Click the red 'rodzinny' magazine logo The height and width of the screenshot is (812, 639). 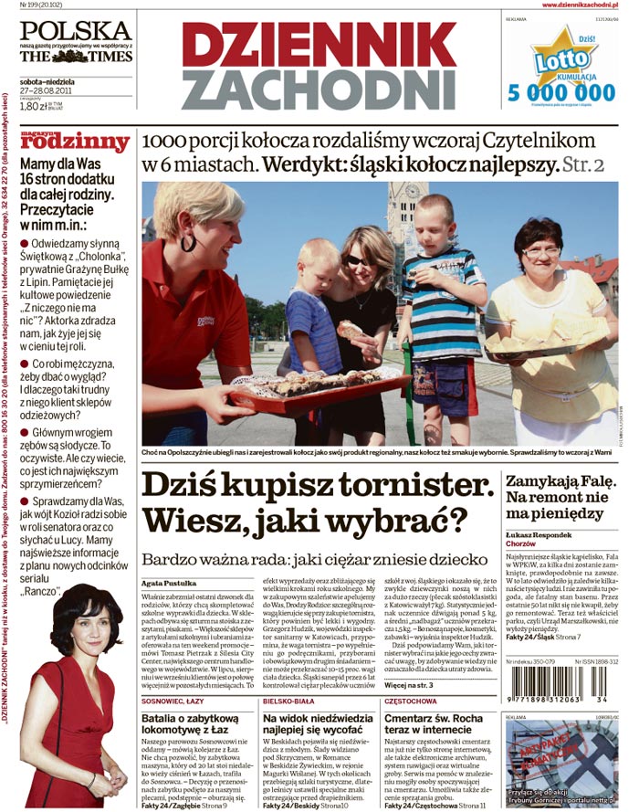[76, 142]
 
